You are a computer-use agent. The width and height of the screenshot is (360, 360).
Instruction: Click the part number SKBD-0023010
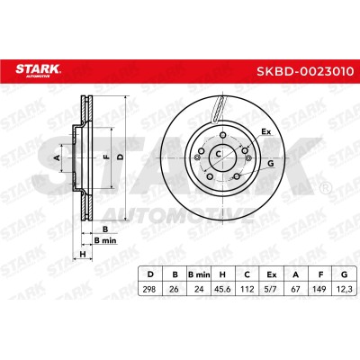tap(305, 71)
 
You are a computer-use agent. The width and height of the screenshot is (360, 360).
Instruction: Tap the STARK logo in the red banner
tap(38, 70)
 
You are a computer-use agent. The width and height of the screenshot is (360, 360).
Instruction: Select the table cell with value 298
tap(149, 289)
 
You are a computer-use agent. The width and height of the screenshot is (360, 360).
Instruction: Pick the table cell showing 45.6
tap(222, 289)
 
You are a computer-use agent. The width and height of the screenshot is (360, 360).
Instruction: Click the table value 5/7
tap(271, 289)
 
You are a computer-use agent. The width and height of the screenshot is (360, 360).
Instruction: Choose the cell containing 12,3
tap(344, 289)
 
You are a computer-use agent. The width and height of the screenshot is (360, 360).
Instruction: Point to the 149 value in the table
tap(319, 289)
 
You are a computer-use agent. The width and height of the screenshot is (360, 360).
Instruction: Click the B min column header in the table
tap(199, 274)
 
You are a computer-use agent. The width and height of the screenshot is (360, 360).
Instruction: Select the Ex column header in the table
tap(271, 274)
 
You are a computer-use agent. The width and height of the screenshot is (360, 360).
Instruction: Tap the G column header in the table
tap(344, 274)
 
